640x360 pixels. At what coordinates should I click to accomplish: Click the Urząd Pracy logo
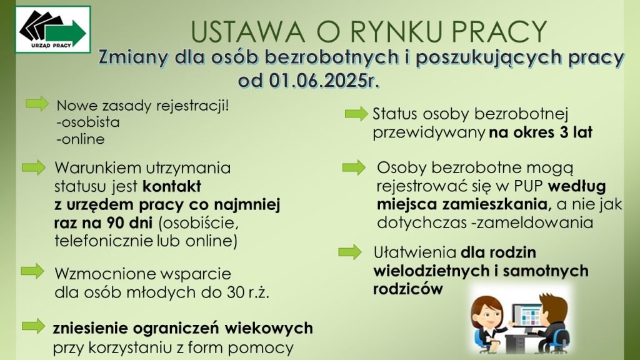(x=52, y=29)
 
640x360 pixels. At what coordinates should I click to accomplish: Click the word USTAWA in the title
(x=247, y=32)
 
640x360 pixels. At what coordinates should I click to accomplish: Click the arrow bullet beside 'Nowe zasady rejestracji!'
(x=37, y=104)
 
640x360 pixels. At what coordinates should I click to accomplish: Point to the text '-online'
(x=81, y=139)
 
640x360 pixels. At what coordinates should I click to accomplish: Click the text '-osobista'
(x=88, y=122)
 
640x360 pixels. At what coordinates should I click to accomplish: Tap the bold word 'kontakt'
(x=172, y=186)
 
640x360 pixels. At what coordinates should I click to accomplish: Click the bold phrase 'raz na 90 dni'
(x=103, y=223)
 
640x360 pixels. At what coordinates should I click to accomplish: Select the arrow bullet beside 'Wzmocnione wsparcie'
(x=32, y=271)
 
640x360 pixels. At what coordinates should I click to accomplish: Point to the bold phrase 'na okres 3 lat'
(x=541, y=132)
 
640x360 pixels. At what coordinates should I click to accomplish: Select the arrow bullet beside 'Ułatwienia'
(x=350, y=252)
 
